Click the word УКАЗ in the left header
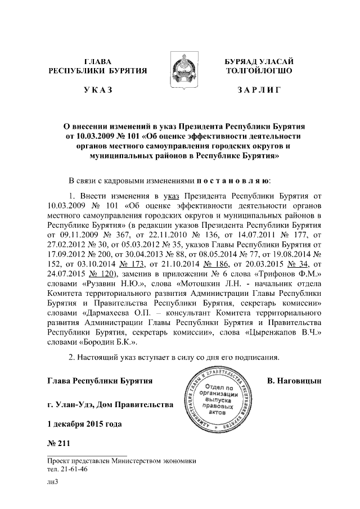click(x=98, y=89)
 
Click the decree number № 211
click(x=58, y=444)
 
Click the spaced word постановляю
click(x=233, y=181)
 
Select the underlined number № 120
click(x=100, y=273)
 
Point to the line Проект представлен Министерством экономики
click(x=121, y=460)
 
